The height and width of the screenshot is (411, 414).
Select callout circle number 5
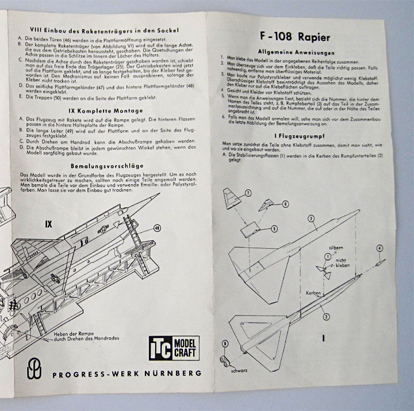(x=274, y=228)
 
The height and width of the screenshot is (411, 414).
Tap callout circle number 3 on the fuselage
(x=311, y=218)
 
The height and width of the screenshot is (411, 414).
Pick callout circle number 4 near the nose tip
(x=379, y=248)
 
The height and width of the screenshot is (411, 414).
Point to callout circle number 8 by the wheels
(x=225, y=344)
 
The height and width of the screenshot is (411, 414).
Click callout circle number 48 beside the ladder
(x=157, y=229)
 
